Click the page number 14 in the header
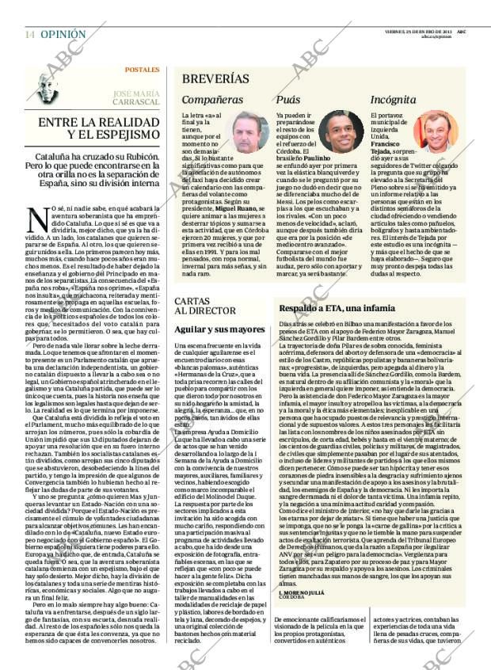[29, 35]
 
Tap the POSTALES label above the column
[142, 70]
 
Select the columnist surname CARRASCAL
[135, 102]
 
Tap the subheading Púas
[287, 101]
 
